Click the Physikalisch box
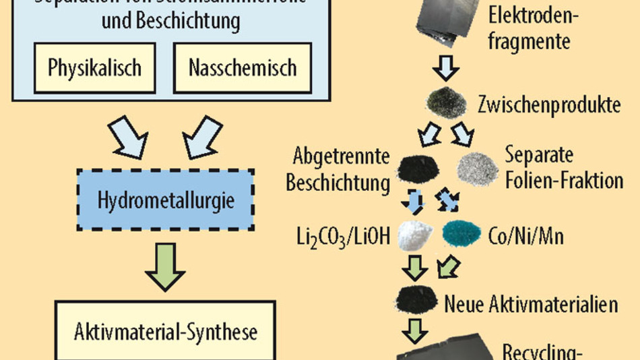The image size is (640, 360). pos(94,68)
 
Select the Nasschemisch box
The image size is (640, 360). pos(243,68)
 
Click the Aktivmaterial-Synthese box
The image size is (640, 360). pos(164,332)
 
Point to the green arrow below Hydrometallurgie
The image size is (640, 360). pos(165,267)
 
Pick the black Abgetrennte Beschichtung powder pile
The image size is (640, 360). pos(417,169)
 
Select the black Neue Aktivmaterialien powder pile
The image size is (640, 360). pos(417,299)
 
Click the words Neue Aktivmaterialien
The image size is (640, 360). pos(532,304)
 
